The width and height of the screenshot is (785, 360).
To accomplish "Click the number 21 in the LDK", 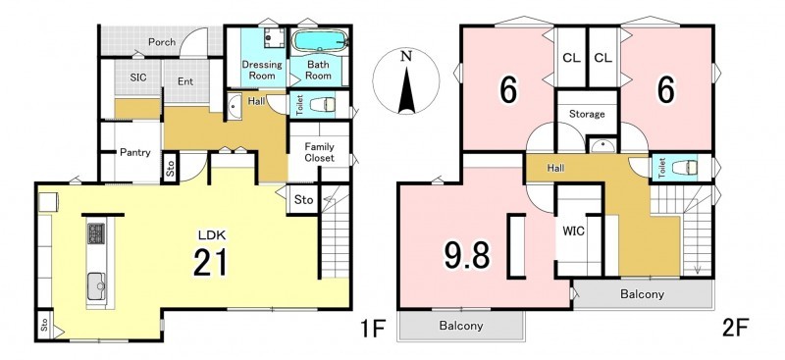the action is tap(210, 262).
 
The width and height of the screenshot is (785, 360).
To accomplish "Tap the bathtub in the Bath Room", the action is tap(319, 40).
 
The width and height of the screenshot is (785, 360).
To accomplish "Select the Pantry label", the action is tap(135, 153).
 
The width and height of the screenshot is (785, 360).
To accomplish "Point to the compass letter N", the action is tap(406, 56).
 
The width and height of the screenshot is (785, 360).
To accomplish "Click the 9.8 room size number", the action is tap(467, 254).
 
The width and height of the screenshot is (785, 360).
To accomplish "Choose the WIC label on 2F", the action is tap(574, 231).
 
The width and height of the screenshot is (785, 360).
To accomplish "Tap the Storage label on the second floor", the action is tap(587, 114).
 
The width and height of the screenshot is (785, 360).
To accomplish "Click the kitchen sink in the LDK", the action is tap(96, 286).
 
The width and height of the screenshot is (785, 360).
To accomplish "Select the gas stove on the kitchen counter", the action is tap(96, 233).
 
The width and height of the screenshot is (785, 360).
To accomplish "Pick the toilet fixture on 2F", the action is tap(685, 167).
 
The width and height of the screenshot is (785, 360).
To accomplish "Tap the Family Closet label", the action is tap(320, 153).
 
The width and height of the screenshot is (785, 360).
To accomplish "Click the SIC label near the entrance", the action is tap(137, 78).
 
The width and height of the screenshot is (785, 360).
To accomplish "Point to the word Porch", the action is tap(162, 42).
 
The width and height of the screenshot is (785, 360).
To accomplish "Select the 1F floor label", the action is tap(372, 330).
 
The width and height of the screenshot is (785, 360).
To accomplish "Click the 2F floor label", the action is tap(735, 330).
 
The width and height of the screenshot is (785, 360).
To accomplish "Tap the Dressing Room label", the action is tap(262, 70).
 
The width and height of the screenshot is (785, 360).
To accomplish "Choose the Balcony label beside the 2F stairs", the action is tap(643, 294).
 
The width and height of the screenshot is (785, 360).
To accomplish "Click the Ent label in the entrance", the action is tap(185, 81).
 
